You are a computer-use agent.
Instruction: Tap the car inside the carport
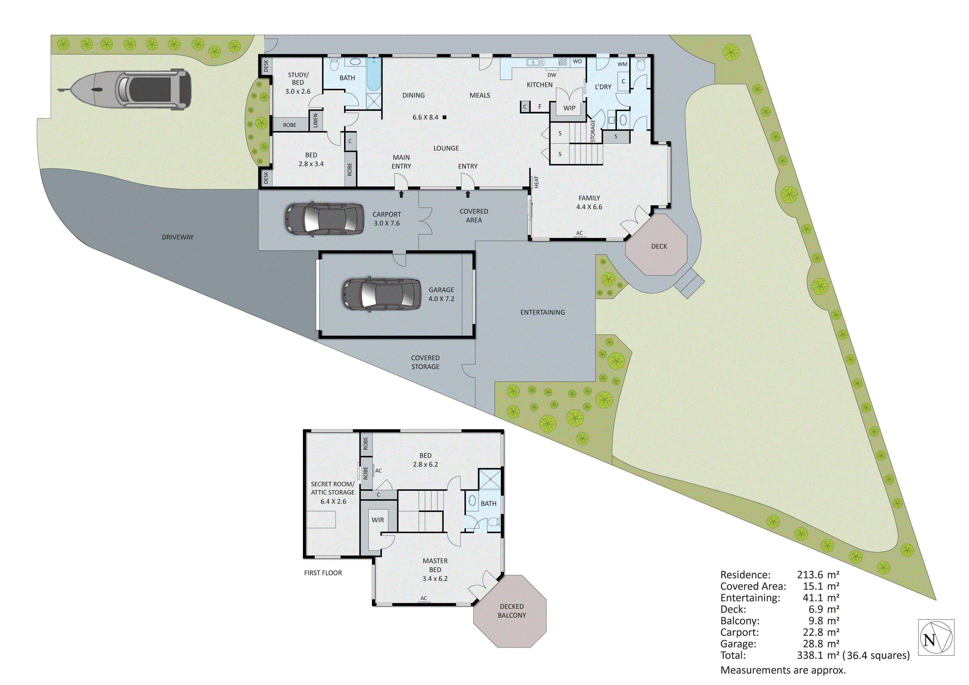(324, 219)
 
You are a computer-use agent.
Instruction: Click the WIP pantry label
(569, 108)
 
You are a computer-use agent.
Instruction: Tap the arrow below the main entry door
(401, 194)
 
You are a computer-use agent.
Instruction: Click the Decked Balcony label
(511, 611)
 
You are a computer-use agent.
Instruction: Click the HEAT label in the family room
(536, 182)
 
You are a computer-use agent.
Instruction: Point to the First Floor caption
(323, 573)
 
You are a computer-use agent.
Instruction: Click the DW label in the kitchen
(552, 75)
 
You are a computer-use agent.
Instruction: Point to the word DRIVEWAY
(177, 237)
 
